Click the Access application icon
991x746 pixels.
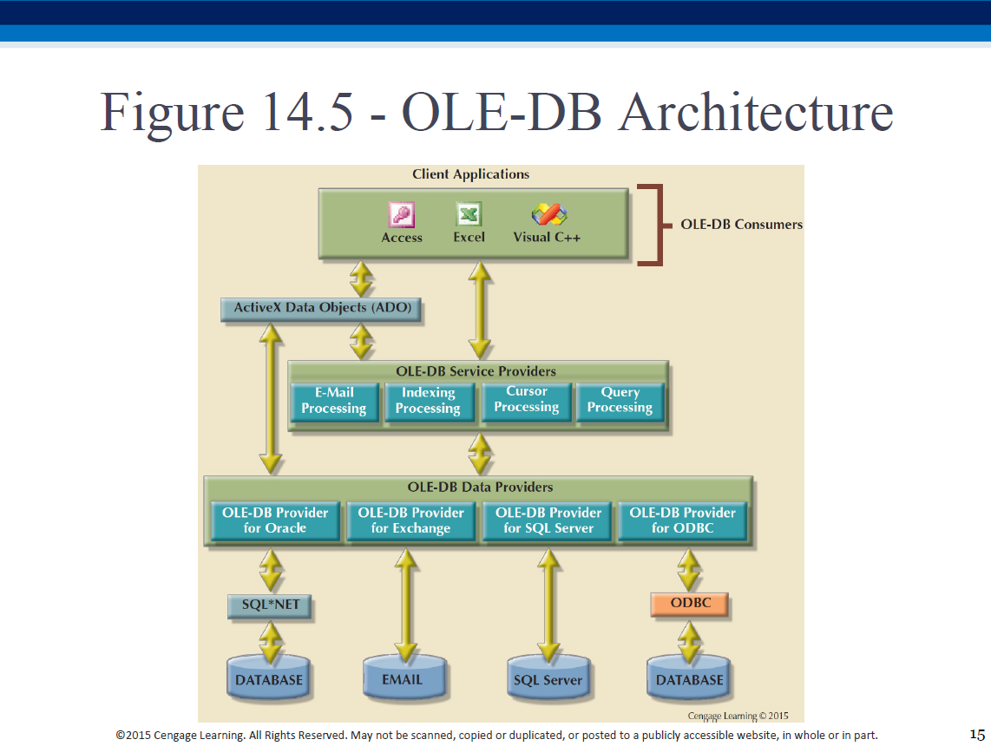[x=402, y=215]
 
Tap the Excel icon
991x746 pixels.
[x=469, y=214]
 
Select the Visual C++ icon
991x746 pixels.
[x=549, y=214]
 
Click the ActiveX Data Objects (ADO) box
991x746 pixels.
[x=322, y=309]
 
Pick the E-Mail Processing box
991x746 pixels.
[x=335, y=401]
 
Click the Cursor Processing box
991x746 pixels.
[x=527, y=401]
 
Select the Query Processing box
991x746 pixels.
[x=620, y=401]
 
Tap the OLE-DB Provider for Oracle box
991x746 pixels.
[x=275, y=521]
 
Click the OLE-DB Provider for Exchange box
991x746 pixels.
[x=410, y=521]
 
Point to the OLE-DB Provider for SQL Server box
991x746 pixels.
[x=548, y=521]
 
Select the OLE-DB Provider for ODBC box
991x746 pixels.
[x=683, y=521]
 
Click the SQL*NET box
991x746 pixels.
[x=271, y=605]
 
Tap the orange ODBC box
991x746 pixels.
[x=690, y=604]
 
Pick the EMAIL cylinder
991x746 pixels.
[x=404, y=677]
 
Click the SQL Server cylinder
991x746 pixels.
[x=548, y=677]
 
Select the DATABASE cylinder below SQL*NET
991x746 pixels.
[x=269, y=677]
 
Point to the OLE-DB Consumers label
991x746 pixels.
[x=741, y=225]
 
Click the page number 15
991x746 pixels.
[x=977, y=735]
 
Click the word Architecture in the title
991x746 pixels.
[x=756, y=112]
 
